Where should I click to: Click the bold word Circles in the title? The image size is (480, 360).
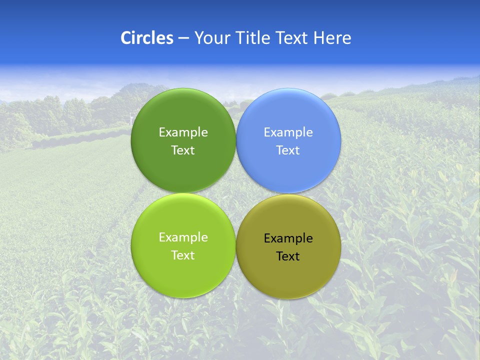(146, 38)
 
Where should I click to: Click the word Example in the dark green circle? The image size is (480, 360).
(183, 132)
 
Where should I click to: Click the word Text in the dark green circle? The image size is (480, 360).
(183, 150)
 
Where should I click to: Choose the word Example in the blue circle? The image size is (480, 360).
(288, 132)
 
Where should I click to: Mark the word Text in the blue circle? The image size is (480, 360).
(288, 150)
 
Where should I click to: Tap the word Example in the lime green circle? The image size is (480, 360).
(183, 237)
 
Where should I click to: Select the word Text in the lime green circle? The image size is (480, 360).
(183, 255)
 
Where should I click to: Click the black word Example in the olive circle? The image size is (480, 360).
(288, 238)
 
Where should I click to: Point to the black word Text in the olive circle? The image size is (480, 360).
(288, 256)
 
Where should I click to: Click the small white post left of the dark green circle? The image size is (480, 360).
(130, 119)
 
